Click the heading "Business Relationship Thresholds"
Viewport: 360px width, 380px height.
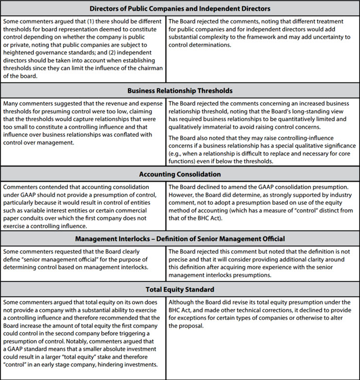click(x=180, y=90)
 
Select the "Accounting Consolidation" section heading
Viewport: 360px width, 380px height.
click(x=180, y=174)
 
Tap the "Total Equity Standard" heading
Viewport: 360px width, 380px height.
click(x=180, y=290)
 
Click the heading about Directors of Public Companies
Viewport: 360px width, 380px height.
click(x=180, y=8)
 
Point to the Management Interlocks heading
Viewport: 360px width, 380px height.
click(x=180, y=239)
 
